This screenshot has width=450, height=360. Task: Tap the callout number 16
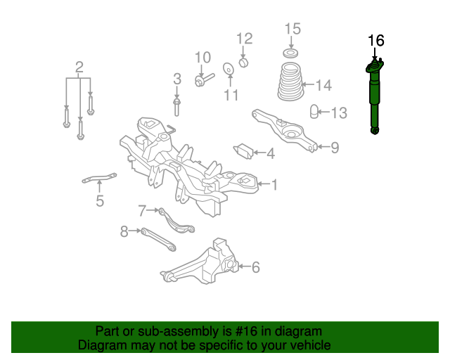376,41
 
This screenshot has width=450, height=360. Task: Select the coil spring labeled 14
290,82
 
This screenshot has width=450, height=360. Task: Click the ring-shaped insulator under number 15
290,53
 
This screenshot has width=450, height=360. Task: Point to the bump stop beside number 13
314,112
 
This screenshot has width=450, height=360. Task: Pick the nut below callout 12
243,63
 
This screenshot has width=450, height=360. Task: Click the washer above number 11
228,69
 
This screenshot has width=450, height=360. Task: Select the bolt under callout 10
205,79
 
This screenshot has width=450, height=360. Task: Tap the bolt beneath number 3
176,107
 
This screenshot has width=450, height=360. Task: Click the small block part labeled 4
243,151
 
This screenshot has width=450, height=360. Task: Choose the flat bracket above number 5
99,178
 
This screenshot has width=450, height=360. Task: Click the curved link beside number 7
176,221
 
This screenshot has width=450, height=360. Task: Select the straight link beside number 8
158,240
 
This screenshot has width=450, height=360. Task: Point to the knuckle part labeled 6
201,263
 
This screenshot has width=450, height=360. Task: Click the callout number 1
275,185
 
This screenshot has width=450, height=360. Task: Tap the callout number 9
335,148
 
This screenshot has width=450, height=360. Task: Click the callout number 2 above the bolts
79,67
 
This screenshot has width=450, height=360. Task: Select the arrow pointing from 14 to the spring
309,84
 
